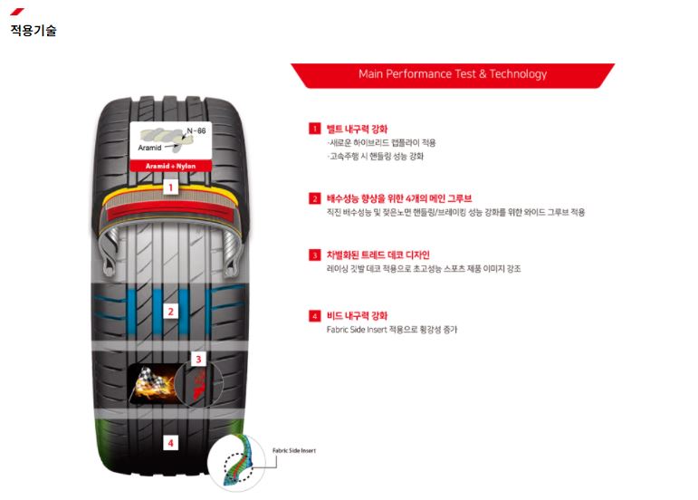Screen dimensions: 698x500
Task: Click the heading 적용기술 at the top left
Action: (33, 30)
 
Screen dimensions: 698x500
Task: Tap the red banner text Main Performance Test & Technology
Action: (453, 74)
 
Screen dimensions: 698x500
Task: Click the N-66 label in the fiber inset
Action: (196, 130)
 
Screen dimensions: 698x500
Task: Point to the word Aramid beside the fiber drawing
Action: (149, 148)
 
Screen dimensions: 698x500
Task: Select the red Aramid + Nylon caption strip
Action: (170, 166)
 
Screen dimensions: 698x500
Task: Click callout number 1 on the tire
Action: (170, 187)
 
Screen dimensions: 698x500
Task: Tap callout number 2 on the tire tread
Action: (170, 312)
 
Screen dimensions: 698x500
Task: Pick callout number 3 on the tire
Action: (198, 359)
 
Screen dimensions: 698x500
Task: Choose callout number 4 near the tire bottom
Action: (170, 443)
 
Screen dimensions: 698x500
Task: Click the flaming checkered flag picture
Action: (152, 384)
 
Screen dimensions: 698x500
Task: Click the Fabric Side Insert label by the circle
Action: (294, 450)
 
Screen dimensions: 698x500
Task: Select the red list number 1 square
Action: (315, 129)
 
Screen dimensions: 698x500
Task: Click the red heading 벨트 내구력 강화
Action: (357, 130)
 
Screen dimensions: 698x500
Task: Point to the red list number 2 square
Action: (315, 198)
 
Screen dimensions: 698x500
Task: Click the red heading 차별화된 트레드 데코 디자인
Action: (378, 255)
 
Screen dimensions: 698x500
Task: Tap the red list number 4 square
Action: (315, 316)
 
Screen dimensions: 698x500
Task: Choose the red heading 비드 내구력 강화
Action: (357, 316)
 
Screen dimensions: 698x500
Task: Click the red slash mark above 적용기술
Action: (17, 12)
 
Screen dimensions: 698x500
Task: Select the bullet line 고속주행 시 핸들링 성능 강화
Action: (376, 157)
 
